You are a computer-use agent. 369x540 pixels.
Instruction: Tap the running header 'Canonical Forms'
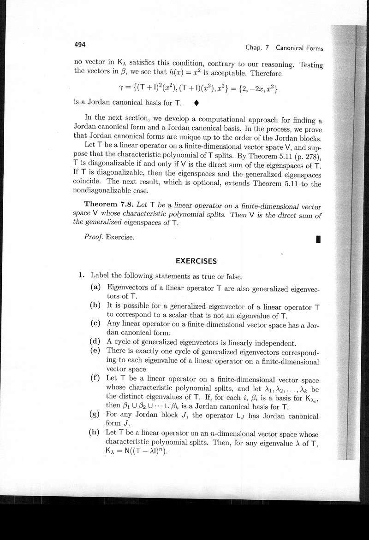[299, 48]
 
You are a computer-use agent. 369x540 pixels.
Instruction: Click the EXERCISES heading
[196, 261]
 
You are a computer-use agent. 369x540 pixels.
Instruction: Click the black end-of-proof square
[318, 239]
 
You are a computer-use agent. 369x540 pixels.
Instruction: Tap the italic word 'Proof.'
[94, 237]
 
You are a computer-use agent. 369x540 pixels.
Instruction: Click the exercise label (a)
[96, 288]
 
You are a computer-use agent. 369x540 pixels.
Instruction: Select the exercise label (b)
[96, 306]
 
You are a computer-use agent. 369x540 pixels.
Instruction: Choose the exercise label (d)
[96, 342]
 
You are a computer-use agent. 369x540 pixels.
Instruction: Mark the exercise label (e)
[96, 352]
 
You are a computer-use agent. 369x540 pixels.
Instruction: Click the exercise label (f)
[96, 378]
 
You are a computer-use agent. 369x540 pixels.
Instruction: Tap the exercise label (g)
[96, 415]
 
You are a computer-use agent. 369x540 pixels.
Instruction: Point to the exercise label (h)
[96, 433]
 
